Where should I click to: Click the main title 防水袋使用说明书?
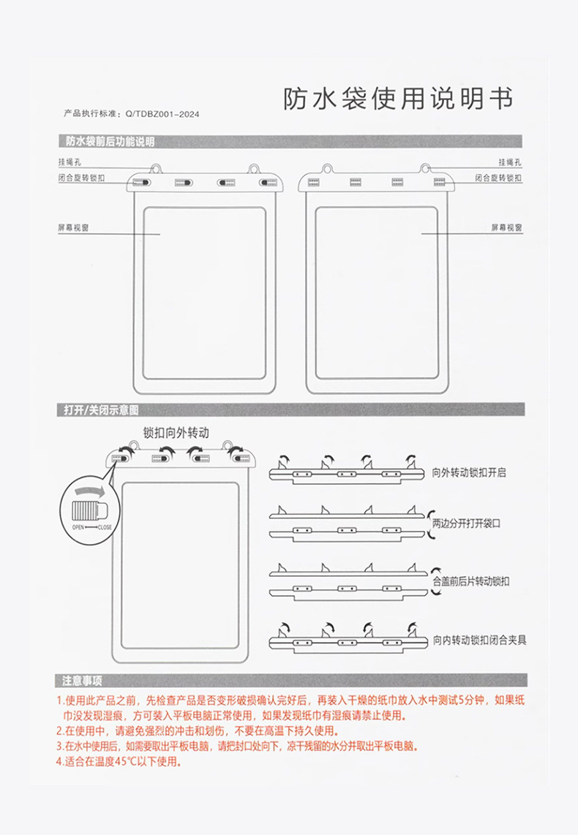click(x=398, y=98)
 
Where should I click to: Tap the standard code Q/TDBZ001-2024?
click(x=162, y=114)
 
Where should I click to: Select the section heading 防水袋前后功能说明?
click(x=109, y=141)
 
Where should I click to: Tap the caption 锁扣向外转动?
click(x=176, y=433)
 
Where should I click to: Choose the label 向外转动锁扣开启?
click(x=469, y=473)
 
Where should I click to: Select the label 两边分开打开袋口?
click(x=469, y=524)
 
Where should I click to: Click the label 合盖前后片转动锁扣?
click(x=471, y=581)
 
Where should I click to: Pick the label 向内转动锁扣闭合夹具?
click(x=479, y=640)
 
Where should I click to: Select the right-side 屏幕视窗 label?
click(x=506, y=228)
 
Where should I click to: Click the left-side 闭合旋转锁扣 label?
click(x=82, y=178)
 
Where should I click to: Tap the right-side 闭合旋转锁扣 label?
click(x=498, y=178)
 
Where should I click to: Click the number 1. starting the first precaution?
click(x=60, y=700)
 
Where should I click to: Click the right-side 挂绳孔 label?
click(x=509, y=162)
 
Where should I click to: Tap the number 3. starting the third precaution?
click(x=60, y=746)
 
